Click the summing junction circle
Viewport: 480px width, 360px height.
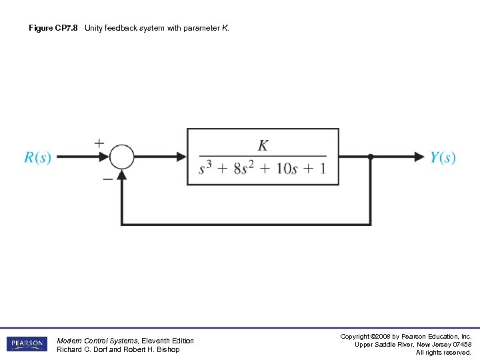coord(121,157)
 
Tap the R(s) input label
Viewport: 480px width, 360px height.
coord(37,157)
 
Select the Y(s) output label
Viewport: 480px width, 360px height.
coord(443,157)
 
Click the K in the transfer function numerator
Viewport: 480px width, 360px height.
coord(263,145)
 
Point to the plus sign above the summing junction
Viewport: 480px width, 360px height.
coord(99,143)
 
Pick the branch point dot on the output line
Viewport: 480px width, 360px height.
coord(371,157)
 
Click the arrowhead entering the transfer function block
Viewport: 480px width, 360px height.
coord(181,157)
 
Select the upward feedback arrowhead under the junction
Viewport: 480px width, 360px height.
coord(121,175)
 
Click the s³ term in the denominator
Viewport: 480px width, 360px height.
coord(207,168)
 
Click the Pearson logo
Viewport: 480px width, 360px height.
coord(27,344)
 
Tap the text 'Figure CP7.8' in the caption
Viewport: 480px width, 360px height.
coord(53,29)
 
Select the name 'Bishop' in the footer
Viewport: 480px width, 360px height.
coord(167,349)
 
